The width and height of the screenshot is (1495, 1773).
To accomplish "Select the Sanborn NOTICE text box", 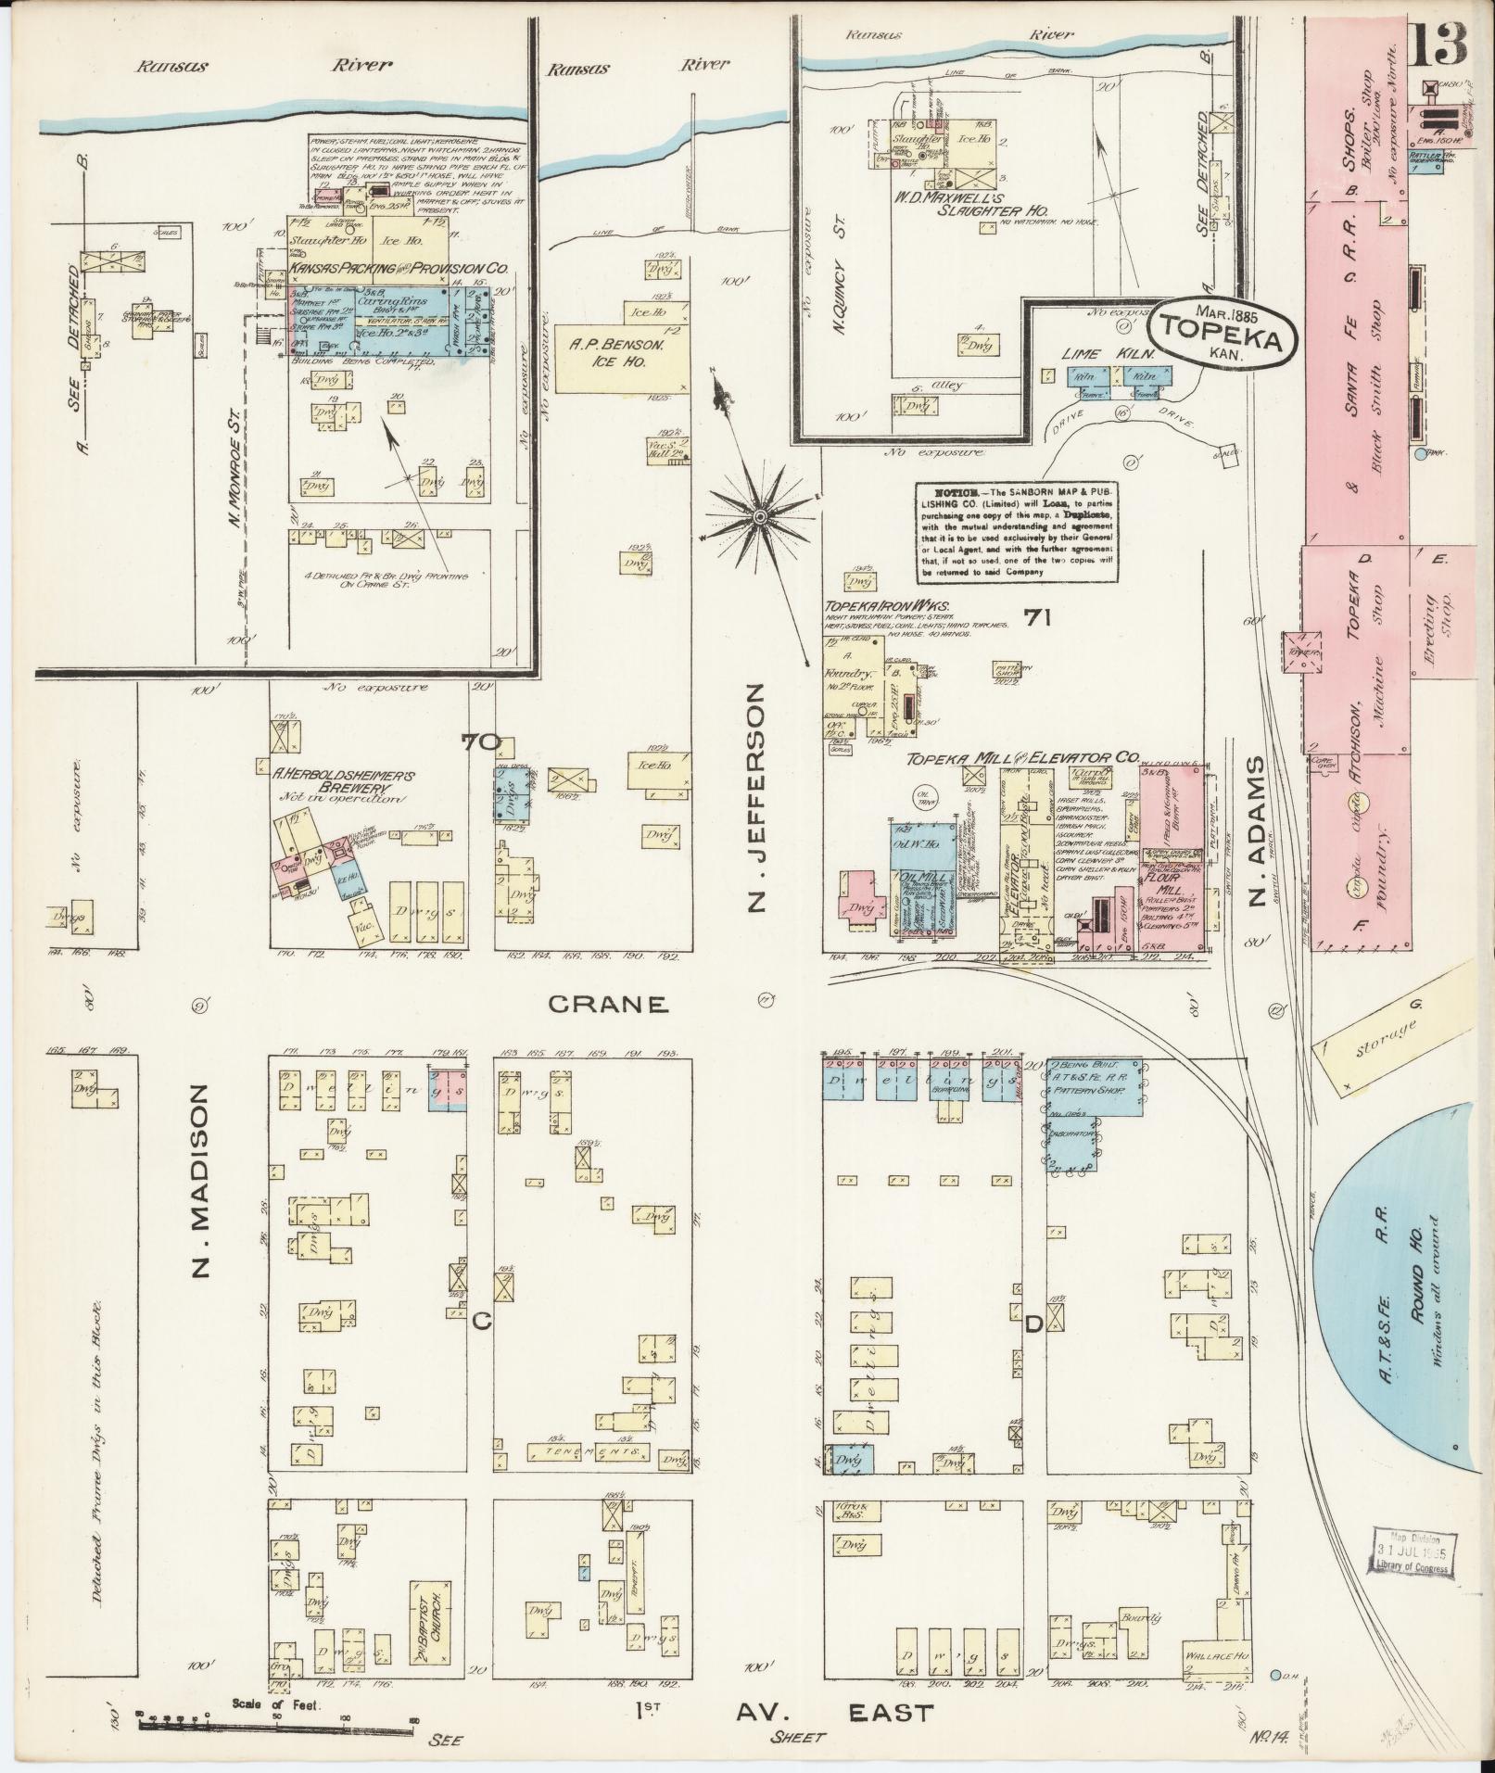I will coord(1017,532).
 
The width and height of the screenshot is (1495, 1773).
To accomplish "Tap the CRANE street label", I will coord(607,1003).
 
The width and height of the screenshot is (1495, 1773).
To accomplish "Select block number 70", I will coord(482,741).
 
